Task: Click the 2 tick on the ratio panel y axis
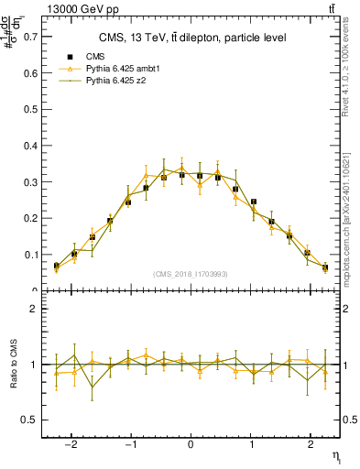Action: point(38,309)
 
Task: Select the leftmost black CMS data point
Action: point(56,266)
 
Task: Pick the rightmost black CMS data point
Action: point(325,267)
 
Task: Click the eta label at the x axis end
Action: point(335,456)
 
